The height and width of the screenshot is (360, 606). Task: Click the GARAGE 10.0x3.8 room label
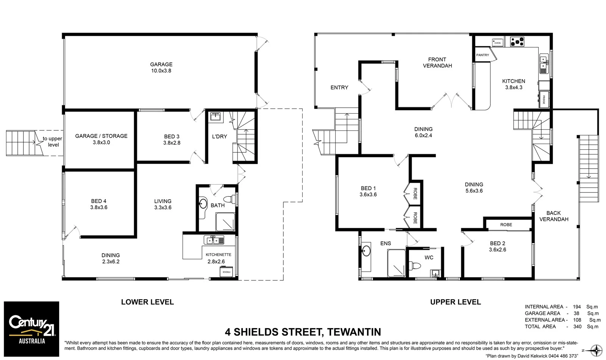[161, 67]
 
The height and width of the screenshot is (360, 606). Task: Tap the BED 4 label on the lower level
[98, 204]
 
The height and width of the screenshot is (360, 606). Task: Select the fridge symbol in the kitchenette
[226, 272]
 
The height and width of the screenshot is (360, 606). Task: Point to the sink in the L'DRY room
[216, 116]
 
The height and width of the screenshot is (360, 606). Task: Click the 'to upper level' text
[53, 142]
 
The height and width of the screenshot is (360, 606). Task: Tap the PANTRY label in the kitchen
[483, 55]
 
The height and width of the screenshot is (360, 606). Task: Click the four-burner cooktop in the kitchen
[517, 41]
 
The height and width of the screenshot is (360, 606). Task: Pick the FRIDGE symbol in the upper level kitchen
[544, 100]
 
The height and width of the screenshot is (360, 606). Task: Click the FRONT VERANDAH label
[437, 63]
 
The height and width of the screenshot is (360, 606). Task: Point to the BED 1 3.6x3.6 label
[368, 191]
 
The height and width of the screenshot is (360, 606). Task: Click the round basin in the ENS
[367, 251]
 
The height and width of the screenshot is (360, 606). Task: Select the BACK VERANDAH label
[553, 216]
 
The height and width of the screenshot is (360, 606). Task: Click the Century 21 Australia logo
[31, 329]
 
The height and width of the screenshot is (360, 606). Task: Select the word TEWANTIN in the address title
[354, 332]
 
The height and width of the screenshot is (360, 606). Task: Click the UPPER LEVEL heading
[455, 302]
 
